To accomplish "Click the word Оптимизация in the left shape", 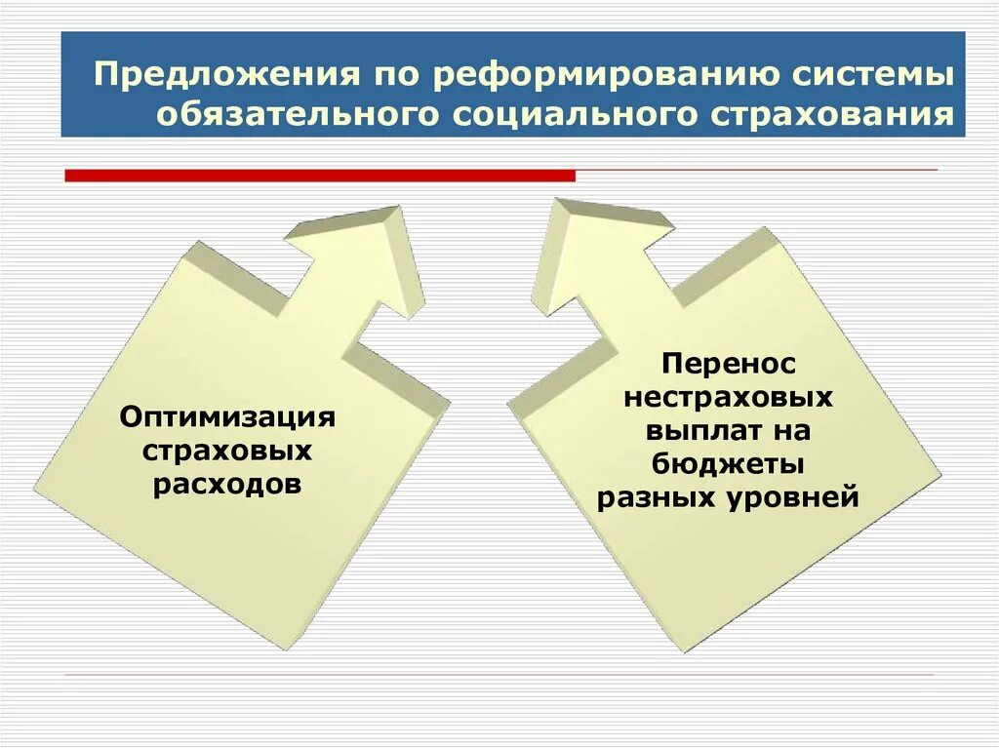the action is tap(227, 418).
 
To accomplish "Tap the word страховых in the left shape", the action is tap(227, 452).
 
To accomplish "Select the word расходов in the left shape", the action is tap(227, 485).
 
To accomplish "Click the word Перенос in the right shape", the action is tap(729, 365).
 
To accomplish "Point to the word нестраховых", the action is tap(729, 398).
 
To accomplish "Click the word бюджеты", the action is tap(729, 464).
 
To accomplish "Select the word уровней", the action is tap(793, 497).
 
